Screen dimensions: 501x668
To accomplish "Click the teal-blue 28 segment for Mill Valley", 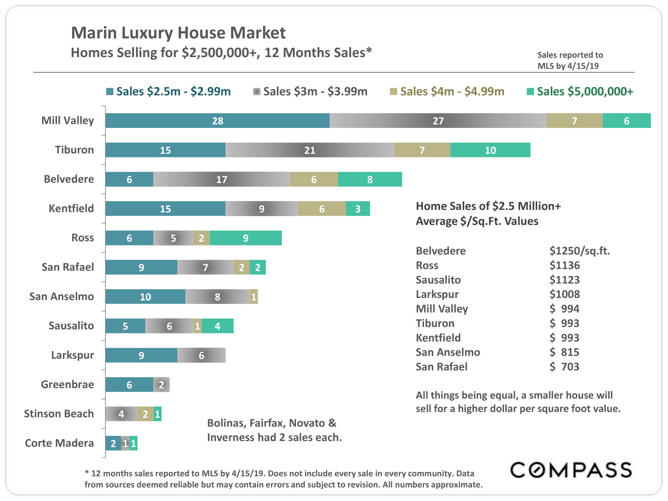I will coord(217,121).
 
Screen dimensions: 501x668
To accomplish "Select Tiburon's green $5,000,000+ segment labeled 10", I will coord(490,150).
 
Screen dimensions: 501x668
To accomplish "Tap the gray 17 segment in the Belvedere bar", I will coord(221,179).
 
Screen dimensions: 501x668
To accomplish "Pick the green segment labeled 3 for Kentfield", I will coord(358,209).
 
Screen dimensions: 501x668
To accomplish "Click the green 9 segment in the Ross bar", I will coord(245,238).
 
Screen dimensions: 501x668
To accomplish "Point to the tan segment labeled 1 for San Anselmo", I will coord(254,297).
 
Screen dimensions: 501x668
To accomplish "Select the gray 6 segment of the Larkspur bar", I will coord(201,355).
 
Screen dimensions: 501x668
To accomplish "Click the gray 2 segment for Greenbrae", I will coord(161,385).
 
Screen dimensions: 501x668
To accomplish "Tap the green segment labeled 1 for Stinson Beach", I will coord(158,414).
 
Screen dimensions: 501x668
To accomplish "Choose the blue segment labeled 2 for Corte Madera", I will coord(113,444).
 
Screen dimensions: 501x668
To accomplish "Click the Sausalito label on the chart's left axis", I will coord(71,326).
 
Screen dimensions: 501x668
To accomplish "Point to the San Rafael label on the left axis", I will coord(67,267).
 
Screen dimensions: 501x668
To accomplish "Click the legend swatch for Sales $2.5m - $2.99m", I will coord(110,92).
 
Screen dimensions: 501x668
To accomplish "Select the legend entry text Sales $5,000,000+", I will coord(585,92).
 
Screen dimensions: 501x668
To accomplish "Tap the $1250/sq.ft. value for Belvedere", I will coord(579,251).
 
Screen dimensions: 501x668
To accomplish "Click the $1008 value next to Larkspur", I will coord(564,294).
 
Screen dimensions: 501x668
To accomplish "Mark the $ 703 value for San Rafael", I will coord(564,367).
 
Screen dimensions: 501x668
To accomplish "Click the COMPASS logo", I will coord(571,470).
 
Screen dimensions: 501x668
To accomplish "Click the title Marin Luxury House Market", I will coord(178,33).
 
